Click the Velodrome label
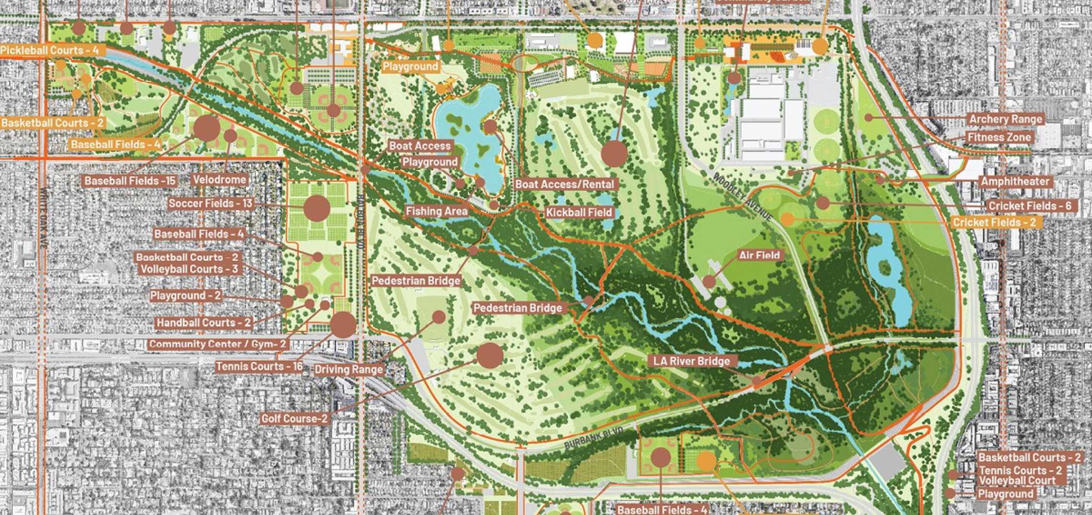point(219,180)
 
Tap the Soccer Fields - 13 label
point(210,204)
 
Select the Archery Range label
point(1005,119)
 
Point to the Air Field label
point(759,256)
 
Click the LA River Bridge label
point(692,361)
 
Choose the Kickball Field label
point(579,213)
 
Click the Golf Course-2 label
point(294,419)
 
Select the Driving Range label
point(349,369)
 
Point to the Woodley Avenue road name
point(742,197)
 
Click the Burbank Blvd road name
point(594,438)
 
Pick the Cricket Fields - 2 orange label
point(994,223)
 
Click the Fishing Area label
point(436,211)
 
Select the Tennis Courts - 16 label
point(259,367)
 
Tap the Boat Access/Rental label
point(564,184)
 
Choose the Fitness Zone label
point(999,138)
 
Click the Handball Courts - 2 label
point(203,323)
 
